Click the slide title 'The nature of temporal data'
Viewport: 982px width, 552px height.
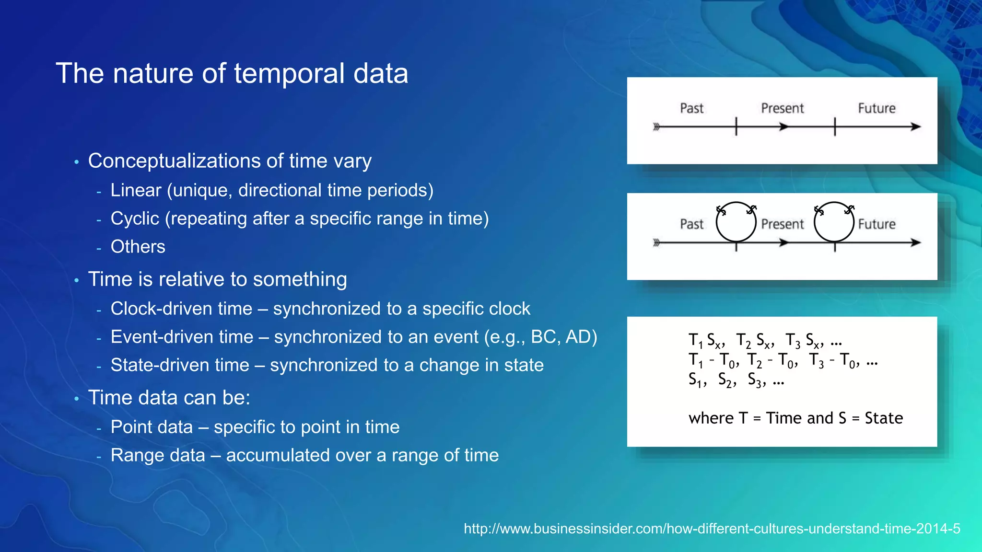(x=232, y=73)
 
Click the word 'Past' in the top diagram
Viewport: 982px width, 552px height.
(x=691, y=108)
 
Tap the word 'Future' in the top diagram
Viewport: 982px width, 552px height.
(x=877, y=108)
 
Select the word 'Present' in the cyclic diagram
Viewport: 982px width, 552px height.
(x=782, y=224)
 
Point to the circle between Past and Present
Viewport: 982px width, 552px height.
(x=736, y=221)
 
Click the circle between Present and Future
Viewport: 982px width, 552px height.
(x=834, y=221)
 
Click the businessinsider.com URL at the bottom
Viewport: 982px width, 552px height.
(x=712, y=529)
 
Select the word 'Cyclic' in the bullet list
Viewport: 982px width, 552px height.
(x=135, y=218)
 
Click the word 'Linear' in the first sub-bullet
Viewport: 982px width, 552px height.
(x=136, y=190)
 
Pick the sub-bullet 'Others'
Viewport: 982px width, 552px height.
(x=138, y=247)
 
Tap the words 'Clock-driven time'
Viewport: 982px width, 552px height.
(x=181, y=309)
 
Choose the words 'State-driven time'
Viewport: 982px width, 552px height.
(x=180, y=365)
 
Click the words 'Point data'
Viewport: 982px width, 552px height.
(x=152, y=427)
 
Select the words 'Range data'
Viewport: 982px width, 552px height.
(x=158, y=455)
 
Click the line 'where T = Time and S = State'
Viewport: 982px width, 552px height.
(x=795, y=418)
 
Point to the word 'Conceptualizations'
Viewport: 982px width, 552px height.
(x=174, y=161)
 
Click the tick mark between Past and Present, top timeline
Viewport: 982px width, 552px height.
(x=736, y=127)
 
